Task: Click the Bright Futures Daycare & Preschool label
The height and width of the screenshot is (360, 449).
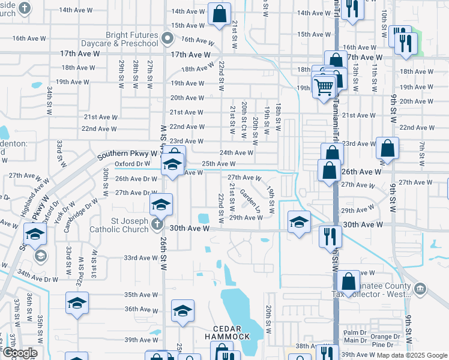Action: coord(132,39)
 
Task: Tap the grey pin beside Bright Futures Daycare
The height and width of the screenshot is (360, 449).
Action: coord(169,39)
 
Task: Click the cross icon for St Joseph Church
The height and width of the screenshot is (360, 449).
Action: coord(157,224)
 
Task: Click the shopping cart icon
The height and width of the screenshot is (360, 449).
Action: coord(324,87)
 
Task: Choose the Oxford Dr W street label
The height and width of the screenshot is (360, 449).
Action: coord(132,163)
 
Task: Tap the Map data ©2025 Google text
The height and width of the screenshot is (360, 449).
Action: coord(412,355)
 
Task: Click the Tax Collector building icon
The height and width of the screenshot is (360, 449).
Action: coord(420,289)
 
